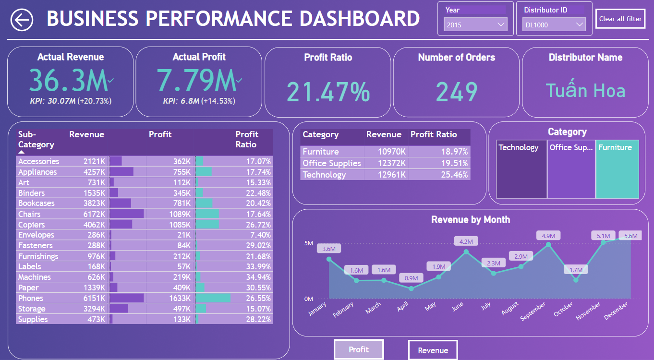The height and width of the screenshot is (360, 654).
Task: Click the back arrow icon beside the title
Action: (x=22, y=20)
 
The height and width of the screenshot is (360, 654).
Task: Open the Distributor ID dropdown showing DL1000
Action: (x=554, y=24)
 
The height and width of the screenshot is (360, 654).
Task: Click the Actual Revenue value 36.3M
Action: (x=70, y=80)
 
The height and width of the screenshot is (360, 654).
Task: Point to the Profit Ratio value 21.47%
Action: (x=328, y=91)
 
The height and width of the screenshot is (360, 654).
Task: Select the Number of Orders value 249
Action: (x=457, y=92)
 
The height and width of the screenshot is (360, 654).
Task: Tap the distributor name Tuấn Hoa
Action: (x=585, y=90)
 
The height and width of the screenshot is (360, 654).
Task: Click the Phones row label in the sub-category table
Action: (x=30, y=298)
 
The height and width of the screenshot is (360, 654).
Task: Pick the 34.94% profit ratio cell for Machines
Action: (x=258, y=277)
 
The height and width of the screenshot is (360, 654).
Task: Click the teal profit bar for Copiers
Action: (x=207, y=225)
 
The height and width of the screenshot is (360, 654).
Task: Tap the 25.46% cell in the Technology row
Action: (x=454, y=175)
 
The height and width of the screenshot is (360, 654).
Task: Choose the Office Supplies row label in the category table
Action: (x=331, y=163)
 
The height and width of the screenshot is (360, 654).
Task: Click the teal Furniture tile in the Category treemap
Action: (x=617, y=169)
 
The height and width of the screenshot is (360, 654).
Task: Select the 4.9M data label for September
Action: (x=548, y=236)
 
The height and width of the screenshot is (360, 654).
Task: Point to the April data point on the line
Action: (x=411, y=288)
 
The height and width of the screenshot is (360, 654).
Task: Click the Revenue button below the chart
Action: (x=433, y=350)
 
